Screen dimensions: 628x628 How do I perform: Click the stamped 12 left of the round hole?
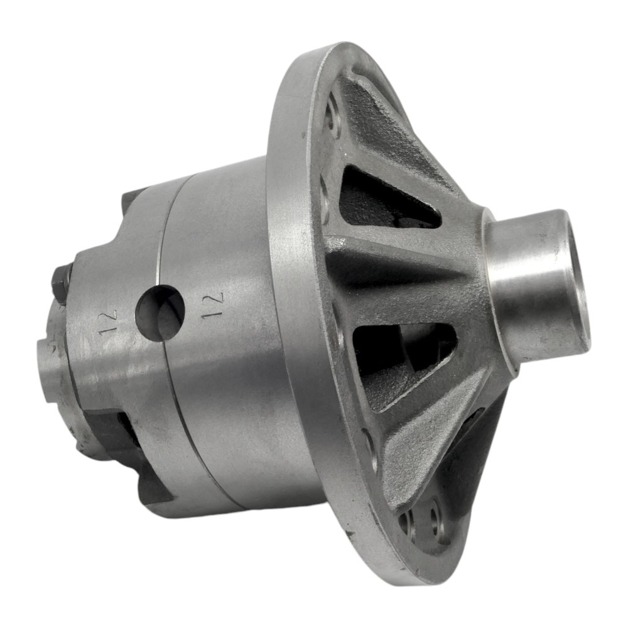109,320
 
